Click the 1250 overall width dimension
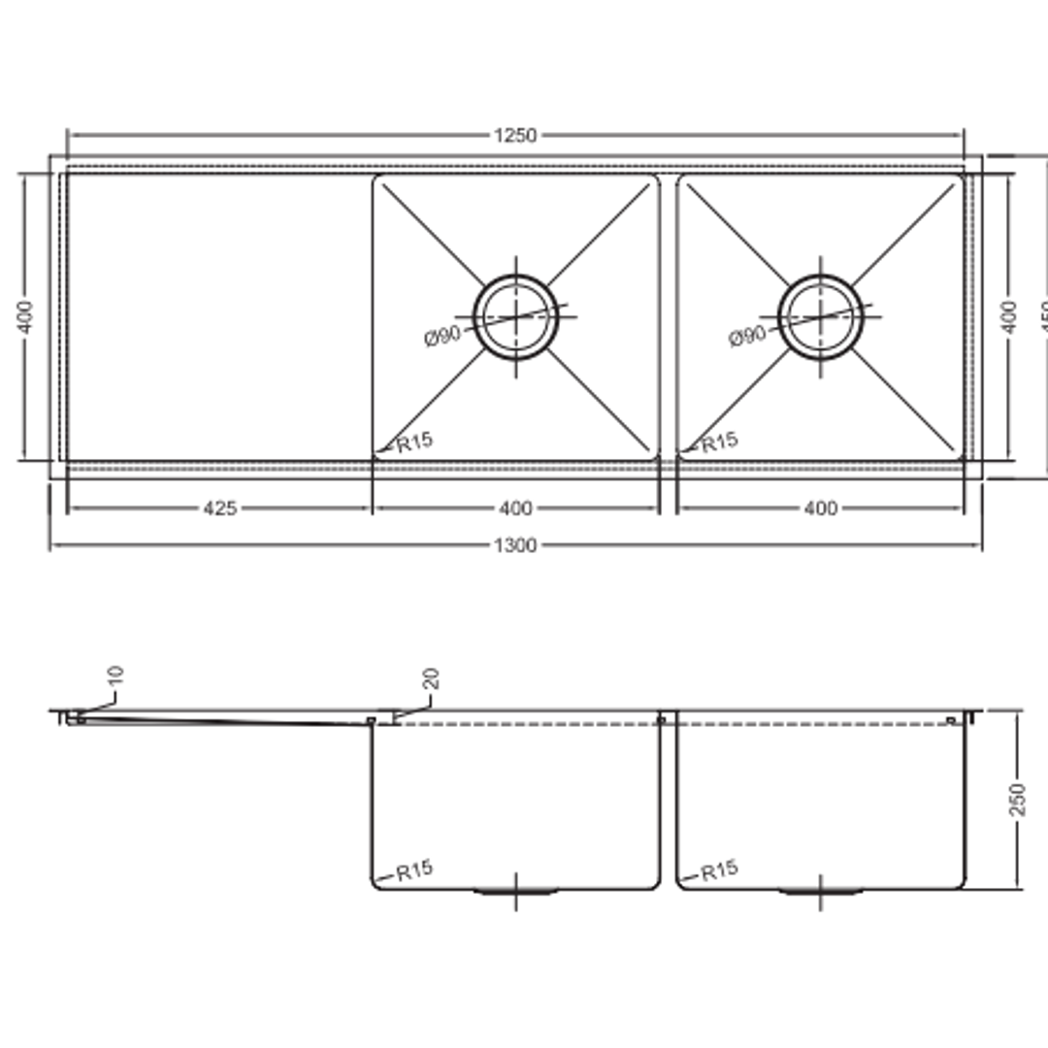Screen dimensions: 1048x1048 coord(514,135)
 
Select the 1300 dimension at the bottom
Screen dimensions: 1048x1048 coord(514,545)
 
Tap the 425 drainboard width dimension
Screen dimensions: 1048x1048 coord(219,508)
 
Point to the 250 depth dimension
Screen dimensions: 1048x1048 coord(1017,799)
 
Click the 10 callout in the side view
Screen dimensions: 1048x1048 coord(115,676)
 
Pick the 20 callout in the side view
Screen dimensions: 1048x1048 coord(431,678)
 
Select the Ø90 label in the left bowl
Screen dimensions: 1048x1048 coord(442,337)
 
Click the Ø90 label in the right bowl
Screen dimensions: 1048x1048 coord(747,337)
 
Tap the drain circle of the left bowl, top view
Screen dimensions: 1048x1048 coord(515,316)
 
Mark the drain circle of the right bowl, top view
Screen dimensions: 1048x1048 coord(820,316)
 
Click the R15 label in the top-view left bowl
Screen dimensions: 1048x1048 coord(414,442)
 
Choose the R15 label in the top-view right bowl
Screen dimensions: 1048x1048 coord(719,442)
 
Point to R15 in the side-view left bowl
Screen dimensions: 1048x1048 coord(414,870)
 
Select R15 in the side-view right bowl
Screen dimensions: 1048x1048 coord(719,870)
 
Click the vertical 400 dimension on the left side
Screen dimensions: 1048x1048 coord(26,316)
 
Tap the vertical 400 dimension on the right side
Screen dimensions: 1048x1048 coord(1009,316)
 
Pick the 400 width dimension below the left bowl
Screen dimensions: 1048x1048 coord(515,508)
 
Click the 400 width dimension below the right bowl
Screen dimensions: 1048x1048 coord(820,508)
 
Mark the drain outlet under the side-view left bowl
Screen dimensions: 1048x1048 coord(515,890)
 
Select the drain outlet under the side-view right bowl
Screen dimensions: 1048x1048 coord(820,890)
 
